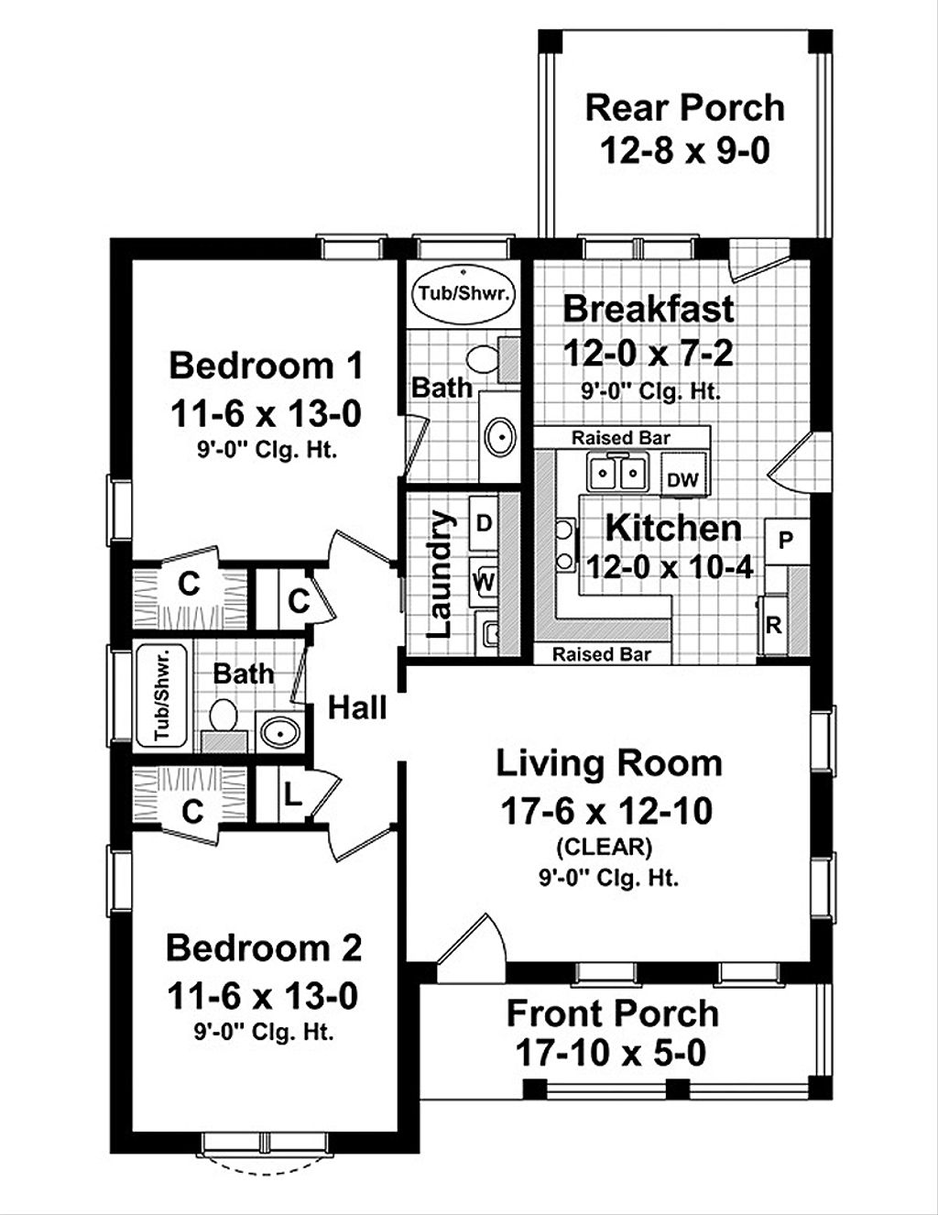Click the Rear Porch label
(x=684, y=108)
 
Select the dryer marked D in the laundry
(x=484, y=524)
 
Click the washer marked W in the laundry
(x=484, y=580)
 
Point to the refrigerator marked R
(x=774, y=626)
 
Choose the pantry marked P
(x=786, y=541)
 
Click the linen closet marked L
(x=290, y=794)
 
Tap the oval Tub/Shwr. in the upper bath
(x=464, y=293)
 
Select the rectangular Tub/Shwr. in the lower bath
(x=162, y=695)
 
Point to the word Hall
(x=357, y=707)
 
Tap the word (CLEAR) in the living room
(x=608, y=846)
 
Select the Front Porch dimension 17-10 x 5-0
(x=611, y=1053)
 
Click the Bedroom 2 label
(x=264, y=947)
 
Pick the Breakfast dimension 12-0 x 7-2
(x=648, y=352)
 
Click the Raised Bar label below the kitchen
(x=602, y=654)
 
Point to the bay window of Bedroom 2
(x=265, y=1151)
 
